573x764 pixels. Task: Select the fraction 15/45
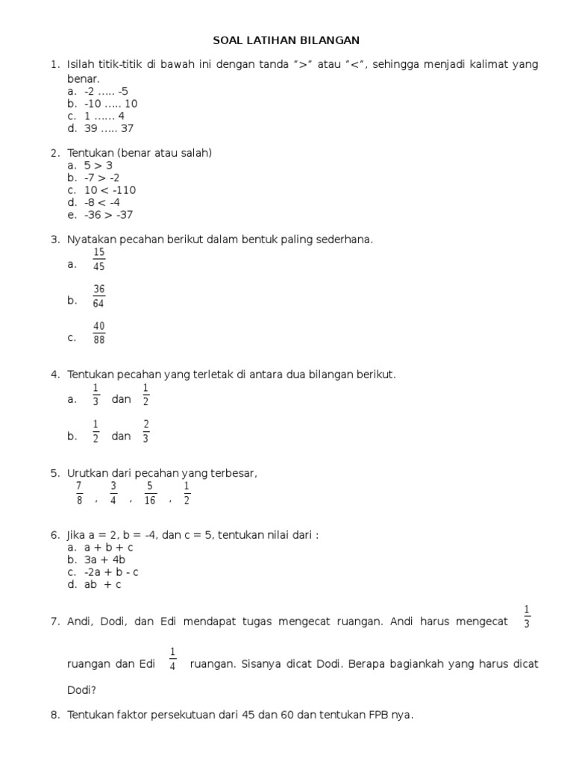coord(99,260)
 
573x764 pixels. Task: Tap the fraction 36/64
coord(99,296)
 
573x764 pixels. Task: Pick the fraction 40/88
coord(99,333)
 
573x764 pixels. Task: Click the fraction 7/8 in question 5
coord(79,493)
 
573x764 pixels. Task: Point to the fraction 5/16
coord(150,493)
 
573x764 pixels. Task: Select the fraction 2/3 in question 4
coord(146,432)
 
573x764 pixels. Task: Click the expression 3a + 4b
coord(104,560)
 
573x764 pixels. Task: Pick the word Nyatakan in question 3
coord(91,239)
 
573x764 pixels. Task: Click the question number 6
coord(54,535)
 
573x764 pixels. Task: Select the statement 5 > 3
coord(98,166)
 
